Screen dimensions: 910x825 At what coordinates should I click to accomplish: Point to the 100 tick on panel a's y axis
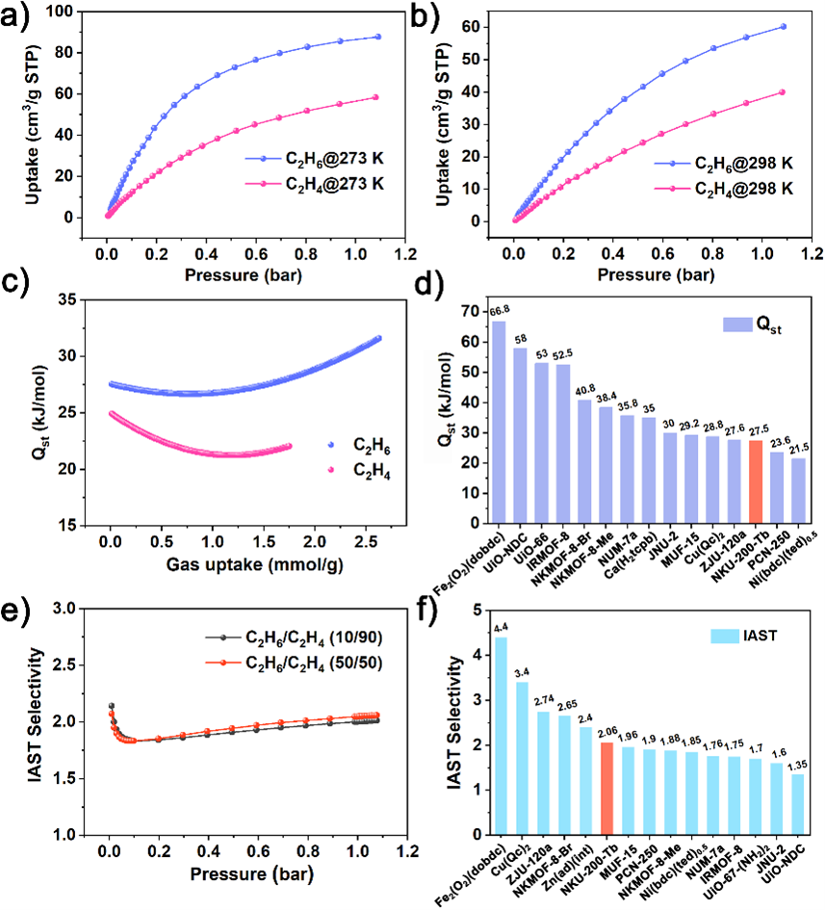point(62,11)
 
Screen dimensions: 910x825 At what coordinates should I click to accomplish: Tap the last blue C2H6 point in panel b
point(783,27)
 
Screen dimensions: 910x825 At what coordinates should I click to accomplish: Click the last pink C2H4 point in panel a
point(375,97)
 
